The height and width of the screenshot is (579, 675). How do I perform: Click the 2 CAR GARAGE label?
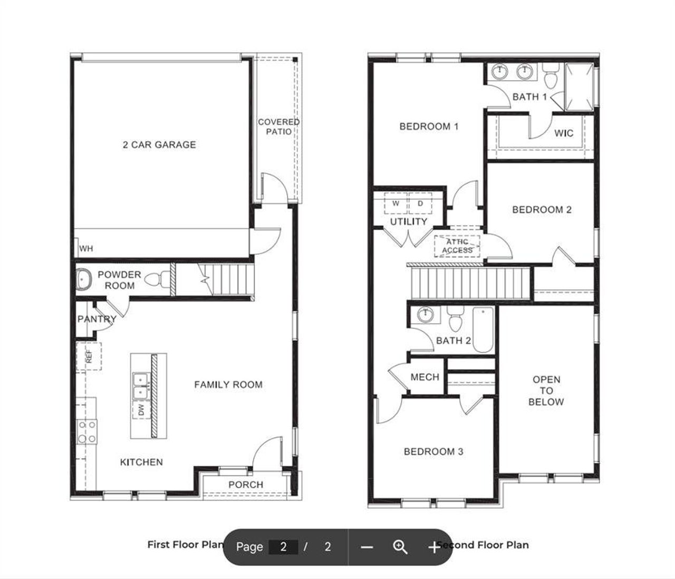click(159, 144)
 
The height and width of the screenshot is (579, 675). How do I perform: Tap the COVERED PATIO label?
click(278, 127)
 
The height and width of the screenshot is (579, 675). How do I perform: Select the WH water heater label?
click(86, 248)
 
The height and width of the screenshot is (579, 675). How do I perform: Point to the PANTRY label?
click(97, 319)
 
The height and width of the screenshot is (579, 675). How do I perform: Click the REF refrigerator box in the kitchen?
click(89, 356)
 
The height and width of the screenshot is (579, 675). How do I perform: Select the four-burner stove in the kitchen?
click(87, 431)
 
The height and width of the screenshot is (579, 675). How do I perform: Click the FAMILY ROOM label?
click(228, 385)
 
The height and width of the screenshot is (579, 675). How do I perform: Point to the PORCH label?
click(245, 485)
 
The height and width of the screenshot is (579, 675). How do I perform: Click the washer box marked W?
click(396, 204)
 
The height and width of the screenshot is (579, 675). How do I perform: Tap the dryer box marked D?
click(420, 204)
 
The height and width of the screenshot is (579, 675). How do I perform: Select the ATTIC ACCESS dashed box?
click(457, 246)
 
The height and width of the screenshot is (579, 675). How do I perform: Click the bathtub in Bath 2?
click(483, 330)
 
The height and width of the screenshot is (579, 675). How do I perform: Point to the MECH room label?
click(425, 377)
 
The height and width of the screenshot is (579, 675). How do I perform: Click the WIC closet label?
click(563, 133)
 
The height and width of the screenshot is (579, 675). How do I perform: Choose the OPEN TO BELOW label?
click(546, 391)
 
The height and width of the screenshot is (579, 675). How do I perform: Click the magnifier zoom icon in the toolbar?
click(400, 547)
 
